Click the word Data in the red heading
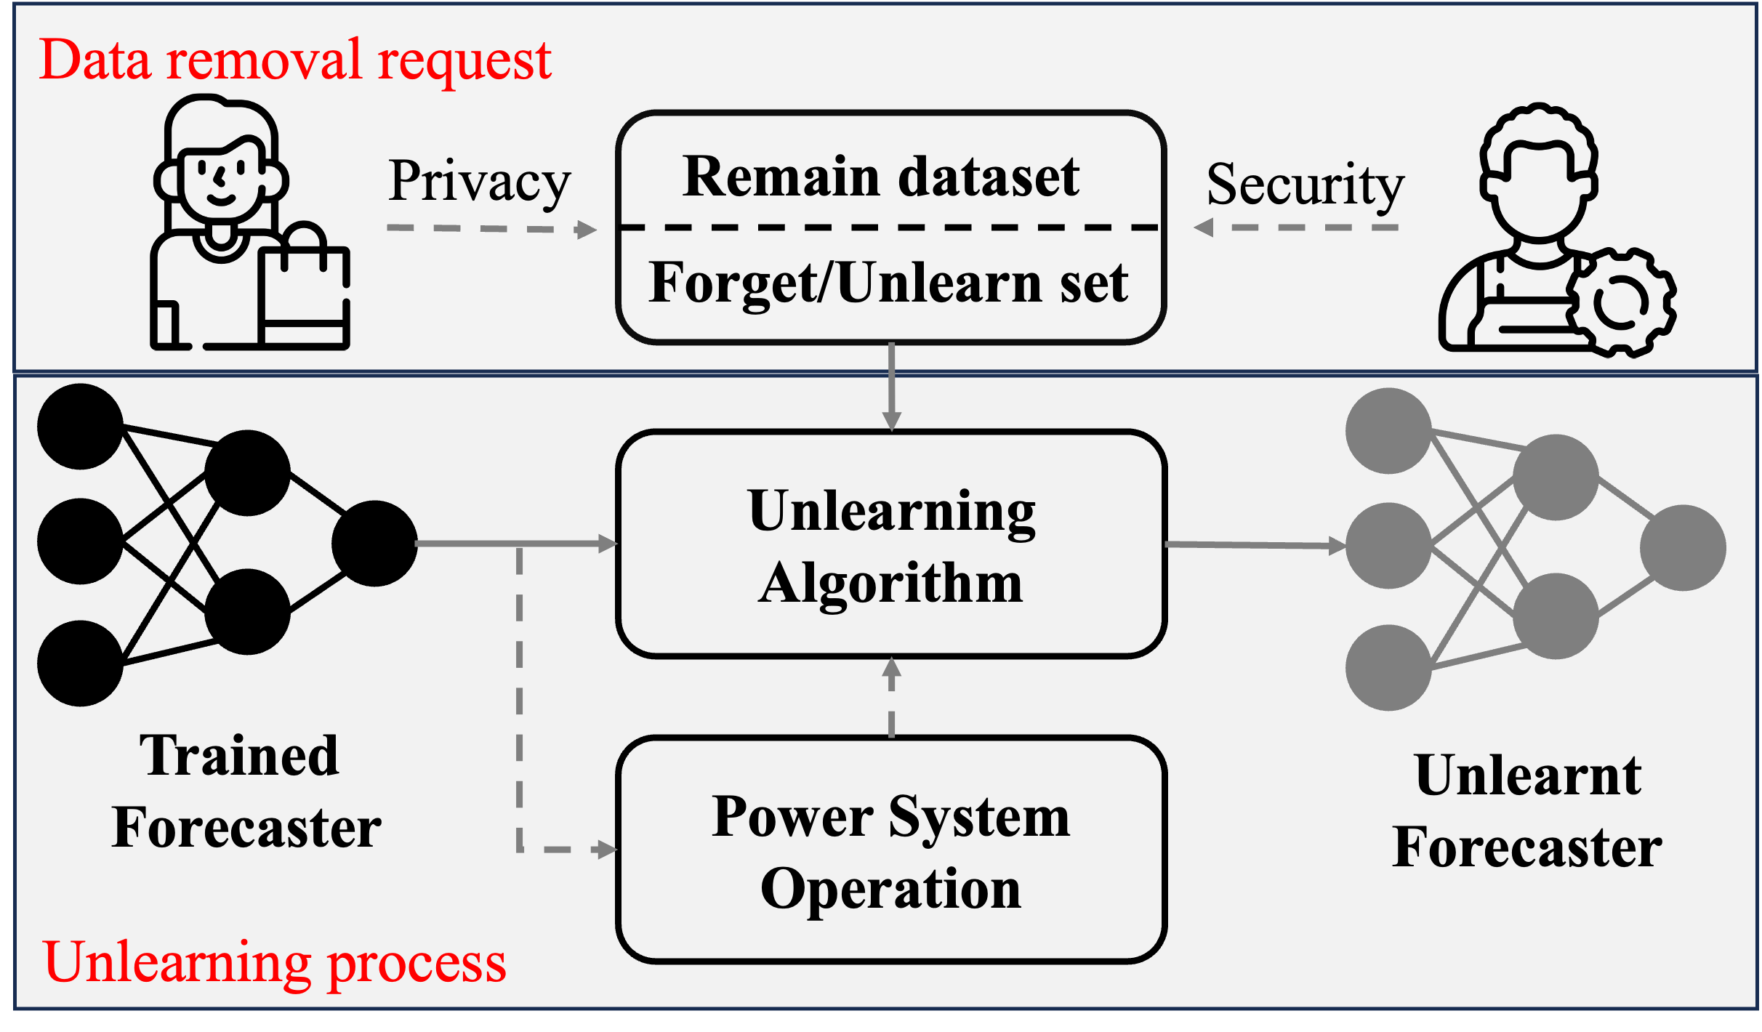(x=94, y=60)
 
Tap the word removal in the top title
(x=264, y=60)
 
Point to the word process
(x=417, y=965)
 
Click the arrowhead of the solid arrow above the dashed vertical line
(x=608, y=544)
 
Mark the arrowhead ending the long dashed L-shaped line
(x=606, y=849)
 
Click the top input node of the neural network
(x=1388, y=430)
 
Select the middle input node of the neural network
(x=1388, y=545)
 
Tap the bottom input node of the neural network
(x=1388, y=667)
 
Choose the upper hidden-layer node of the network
(x=1556, y=477)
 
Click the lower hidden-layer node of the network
(x=1556, y=616)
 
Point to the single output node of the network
(x=1683, y=547)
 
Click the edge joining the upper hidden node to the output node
(x=1625, y=497)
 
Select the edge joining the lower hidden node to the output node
(x=1626, y=597)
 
